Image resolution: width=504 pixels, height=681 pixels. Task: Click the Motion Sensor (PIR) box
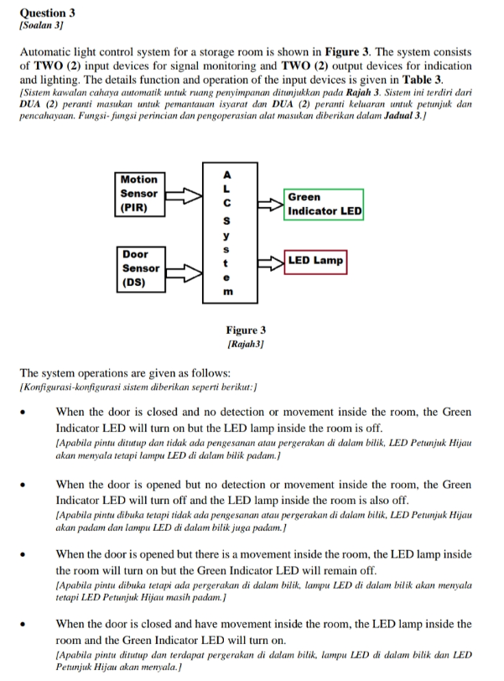[x=139, y=193]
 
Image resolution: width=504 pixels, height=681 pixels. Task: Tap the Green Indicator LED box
[x=324, y=205]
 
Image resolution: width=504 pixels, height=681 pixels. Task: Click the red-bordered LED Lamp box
[x=315, y=261]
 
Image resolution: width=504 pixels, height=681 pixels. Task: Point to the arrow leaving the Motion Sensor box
[x=185, y=196]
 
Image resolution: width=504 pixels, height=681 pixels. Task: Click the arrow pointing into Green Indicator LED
[x=270, y=204]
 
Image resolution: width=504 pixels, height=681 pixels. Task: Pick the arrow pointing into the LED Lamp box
[x=270, y=262]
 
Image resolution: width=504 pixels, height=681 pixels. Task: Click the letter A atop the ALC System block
[x=226, y=174]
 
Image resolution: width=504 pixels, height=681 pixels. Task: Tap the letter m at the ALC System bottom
[x=226, y=292]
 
